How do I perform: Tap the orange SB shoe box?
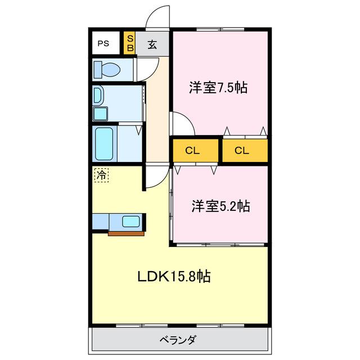tap(129, 43)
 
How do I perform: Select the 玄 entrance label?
tap(152, 44)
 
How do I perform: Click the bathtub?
tap(105, 143)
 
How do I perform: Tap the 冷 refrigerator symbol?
tap(101, 175)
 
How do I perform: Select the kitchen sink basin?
tap(132, 222)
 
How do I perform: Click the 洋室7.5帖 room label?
tap(219, 88)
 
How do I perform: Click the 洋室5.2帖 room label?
tap(220, 206)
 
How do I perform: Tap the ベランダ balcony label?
tap(178, 340)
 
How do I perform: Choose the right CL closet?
tap(242, 150)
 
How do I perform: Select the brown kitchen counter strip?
tap(127, 232)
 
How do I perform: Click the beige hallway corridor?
tap(157, 112)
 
